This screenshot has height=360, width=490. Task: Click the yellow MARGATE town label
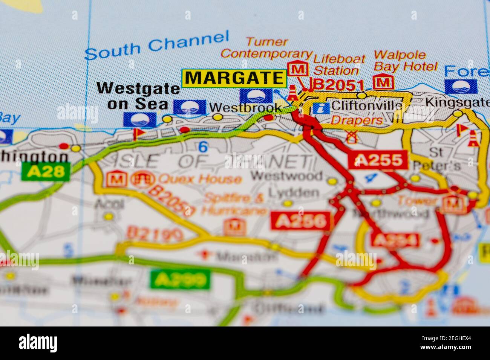234,78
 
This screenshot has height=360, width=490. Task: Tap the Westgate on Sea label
138,96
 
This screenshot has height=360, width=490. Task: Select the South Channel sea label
157,46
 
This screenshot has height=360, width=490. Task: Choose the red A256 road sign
300,221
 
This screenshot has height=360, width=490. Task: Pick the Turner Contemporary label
267,48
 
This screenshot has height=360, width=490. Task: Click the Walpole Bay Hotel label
406,61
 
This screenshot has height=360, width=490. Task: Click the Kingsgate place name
457,102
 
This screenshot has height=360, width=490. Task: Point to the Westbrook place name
245,108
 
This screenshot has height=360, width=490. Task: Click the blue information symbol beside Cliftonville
321,108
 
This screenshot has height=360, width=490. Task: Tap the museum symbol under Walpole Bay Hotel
383,82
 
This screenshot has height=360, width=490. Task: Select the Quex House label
199,179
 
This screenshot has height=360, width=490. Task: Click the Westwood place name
286,175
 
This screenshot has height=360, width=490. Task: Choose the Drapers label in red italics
357,120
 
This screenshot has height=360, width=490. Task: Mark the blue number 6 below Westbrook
203,147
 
